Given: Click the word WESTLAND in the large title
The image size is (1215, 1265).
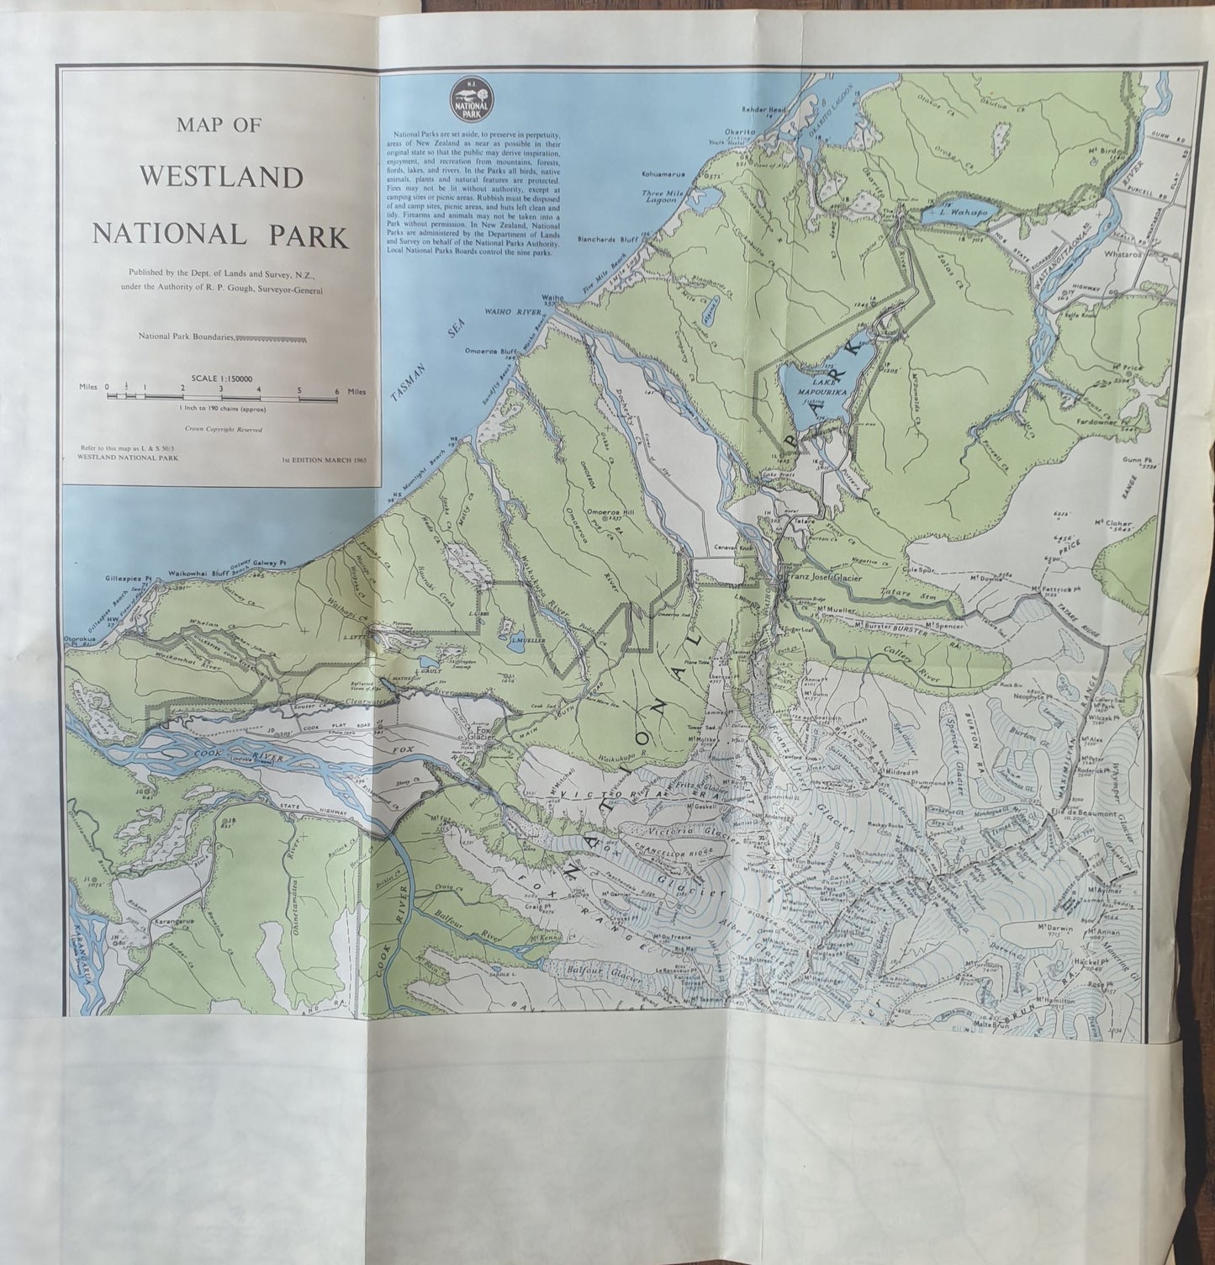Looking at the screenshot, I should [x=221, y=178].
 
